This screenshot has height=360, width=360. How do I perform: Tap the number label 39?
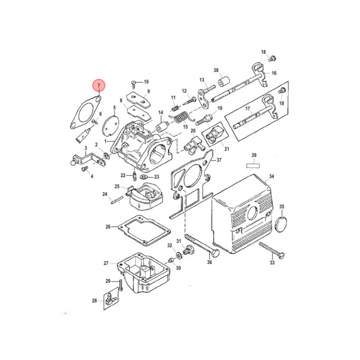coord(253,155)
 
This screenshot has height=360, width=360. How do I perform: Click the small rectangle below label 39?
coord(253,163)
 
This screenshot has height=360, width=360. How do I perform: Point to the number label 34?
coord(271,176)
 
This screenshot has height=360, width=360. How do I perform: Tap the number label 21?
coord(226,148)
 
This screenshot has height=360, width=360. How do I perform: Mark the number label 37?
coord(218,160)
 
